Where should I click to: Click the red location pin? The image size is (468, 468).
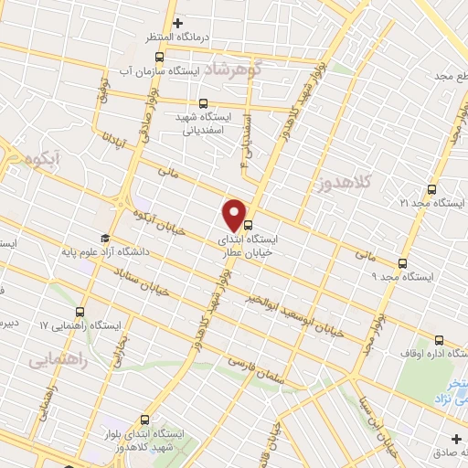point(237,215)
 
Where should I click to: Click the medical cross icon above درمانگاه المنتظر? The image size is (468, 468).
point(177,22)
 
